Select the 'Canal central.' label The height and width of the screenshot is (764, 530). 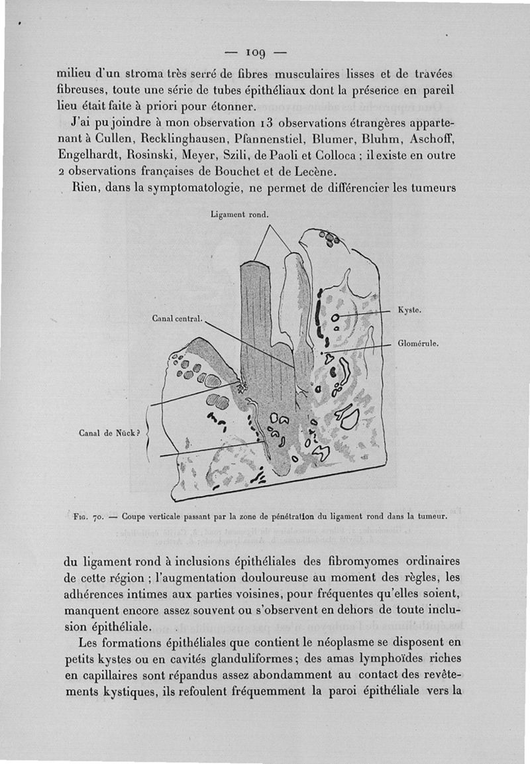click(x=176, y=319)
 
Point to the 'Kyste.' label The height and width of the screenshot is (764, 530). click(x=409, y=309)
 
